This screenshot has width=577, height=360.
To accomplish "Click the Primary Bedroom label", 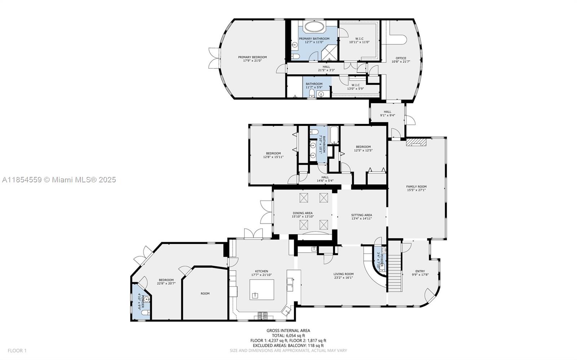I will (252, 57).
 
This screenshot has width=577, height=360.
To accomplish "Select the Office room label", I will (401, 58).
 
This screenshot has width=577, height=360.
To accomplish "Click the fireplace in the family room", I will (416, 142).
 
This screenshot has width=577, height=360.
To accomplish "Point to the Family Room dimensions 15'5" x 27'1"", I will (416, 190).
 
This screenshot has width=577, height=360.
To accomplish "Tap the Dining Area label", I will (303, 213).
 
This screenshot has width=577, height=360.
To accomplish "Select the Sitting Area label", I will (361, 215).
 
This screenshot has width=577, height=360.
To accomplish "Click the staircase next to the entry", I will (395, 267).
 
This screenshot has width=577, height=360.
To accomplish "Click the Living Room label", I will (343, 274).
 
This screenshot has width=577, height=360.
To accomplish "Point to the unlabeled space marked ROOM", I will (205, 294).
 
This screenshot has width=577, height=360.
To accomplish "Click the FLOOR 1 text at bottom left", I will (17, 351).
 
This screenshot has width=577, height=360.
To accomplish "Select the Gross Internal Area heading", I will (288, 330).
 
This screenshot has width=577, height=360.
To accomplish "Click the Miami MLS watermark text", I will (59, 179).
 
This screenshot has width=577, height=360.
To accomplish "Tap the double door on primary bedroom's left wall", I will (213, 58).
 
